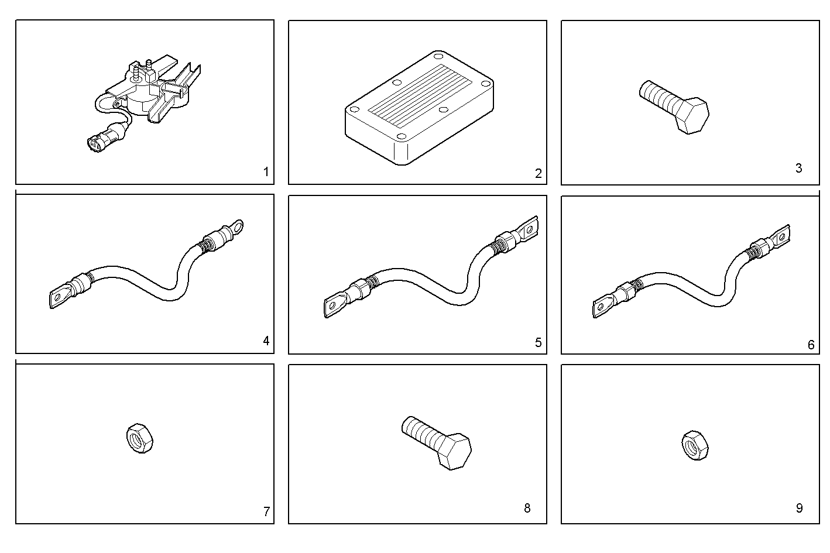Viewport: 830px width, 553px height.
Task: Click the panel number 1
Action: tap(266, 172)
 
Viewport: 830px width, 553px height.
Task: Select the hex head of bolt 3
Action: tap(691, 116)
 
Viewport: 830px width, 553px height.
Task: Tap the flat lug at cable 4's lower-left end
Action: tap(57, 298)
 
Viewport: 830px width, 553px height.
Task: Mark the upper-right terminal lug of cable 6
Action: tap(782, 237)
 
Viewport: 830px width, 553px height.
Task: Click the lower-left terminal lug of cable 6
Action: tap(602, 307)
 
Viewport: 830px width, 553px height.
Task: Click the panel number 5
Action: tap(539, 342)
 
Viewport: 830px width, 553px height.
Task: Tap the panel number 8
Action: tap(527, 508)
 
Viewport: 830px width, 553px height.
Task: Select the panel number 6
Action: tap(811, 345)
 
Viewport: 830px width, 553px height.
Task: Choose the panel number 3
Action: tap(798, 169)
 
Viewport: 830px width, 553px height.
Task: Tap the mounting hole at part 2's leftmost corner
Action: tap(354, 109)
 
